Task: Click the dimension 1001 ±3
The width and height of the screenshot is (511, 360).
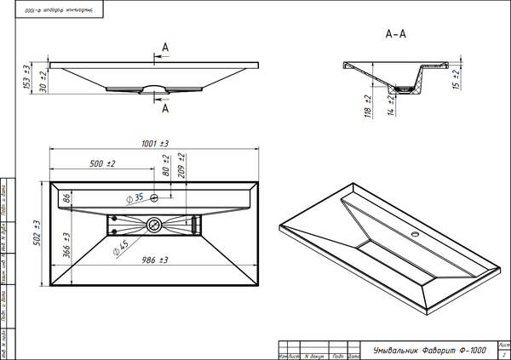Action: [153, 144]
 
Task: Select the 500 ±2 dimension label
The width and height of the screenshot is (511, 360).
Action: [102, 163]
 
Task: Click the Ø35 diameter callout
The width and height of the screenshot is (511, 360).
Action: [134, 198]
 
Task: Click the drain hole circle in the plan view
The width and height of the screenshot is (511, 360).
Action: [154, 226]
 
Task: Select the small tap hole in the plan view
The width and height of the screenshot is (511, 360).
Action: [155, 198]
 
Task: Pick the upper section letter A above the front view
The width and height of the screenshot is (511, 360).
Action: [164, 47]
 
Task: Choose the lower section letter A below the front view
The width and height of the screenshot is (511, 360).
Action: [164, 109]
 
